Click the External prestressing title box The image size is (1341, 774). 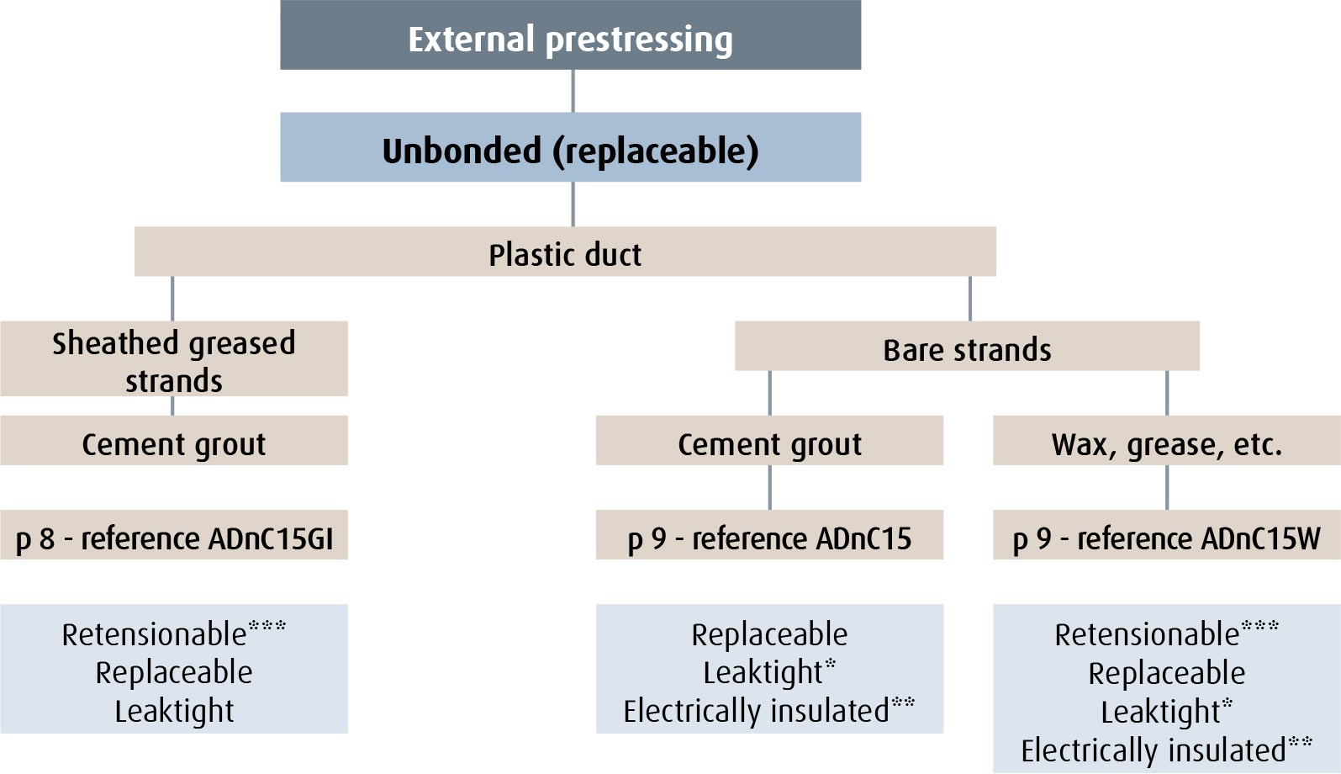coord(571,34)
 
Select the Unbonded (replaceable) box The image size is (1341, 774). coord(571,146)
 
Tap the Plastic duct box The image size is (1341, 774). coord(565,251)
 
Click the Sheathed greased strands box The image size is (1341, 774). coord(173,358)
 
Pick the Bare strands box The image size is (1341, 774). coord(967,346)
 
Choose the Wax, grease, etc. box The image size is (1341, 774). coord(1167,440)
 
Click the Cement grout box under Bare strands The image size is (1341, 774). coord(769,440)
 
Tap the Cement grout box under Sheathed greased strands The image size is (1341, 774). coord(173,440)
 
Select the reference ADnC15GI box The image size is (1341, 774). coord(173,534)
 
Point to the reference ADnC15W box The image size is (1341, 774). coord(1167,534)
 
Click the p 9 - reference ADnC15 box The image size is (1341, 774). coord(769,534)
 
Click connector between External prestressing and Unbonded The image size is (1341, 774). coord(573,91)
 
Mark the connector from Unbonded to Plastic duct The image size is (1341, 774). coord(573,204)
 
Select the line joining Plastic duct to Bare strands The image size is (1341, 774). coord(970,299)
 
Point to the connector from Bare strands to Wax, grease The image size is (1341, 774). coord(1167,393)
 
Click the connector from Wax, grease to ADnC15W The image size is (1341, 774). coord(1167,488)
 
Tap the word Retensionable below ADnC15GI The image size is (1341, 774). coord(154,635)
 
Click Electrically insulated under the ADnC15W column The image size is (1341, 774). coord(1153,750)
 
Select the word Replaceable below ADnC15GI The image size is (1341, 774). coord(173,673)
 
